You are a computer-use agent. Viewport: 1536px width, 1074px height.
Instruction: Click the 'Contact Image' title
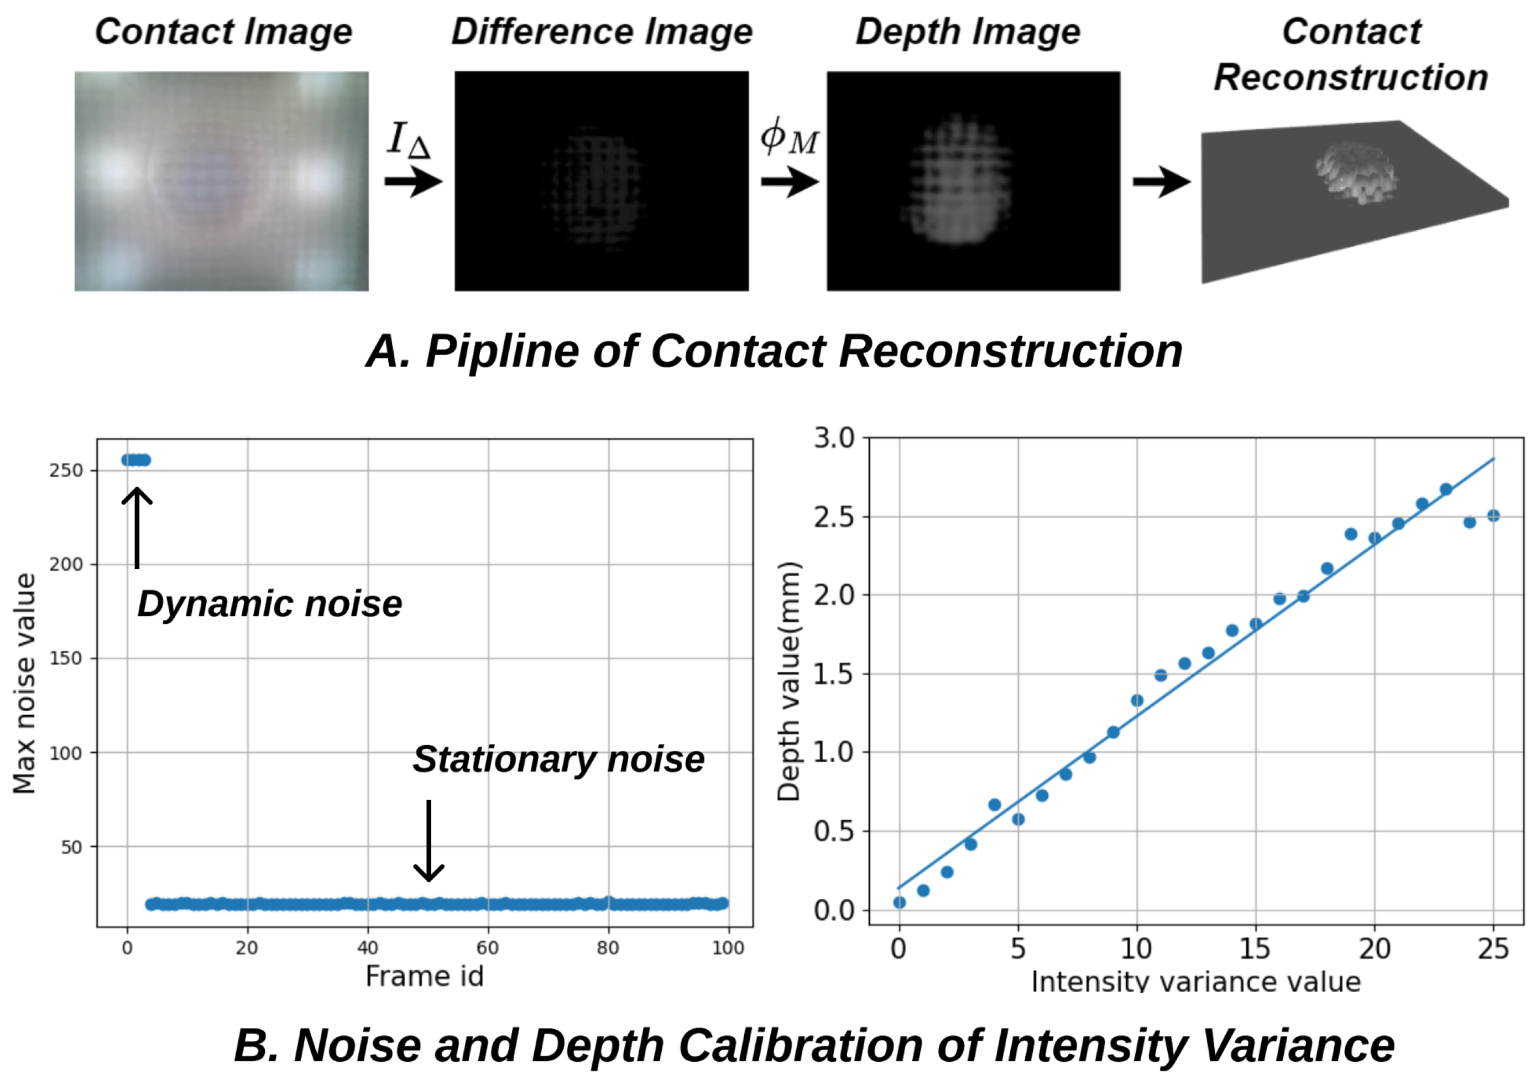[x=223, y=32]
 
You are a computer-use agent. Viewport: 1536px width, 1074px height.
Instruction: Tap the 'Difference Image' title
[x=602, y=32]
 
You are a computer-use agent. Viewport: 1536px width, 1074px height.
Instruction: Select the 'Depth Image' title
[x=968, y=32]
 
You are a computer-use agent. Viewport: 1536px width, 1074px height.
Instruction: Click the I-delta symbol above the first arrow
[x=408, y=139]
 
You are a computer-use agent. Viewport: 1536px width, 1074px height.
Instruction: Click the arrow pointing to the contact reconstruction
[x=1161, y=181]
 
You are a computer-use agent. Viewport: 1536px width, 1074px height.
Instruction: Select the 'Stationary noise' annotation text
[x=558, y=759]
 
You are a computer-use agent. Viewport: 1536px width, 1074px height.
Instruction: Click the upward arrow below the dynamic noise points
[x=137, y=526]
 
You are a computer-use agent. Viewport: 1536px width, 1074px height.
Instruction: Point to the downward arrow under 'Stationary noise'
[x=428, y=841]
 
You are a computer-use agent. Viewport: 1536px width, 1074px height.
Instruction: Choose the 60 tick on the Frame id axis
[x=488, y=947]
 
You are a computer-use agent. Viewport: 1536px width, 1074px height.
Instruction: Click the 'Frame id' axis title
[x=424, y=976]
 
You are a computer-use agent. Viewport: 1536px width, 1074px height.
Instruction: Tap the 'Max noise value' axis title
[x=25, y=683]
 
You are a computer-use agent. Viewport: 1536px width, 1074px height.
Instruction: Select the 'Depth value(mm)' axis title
[x=789, y=681]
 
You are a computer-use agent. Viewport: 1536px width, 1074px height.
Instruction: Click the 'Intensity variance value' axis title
[x=1195, y=982]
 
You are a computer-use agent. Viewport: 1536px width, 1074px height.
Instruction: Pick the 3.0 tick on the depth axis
[x=834, y=439]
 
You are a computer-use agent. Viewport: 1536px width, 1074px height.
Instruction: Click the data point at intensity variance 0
[x=899, y=903]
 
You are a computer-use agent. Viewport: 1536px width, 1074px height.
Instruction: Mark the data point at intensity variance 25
[x=1493, y=515]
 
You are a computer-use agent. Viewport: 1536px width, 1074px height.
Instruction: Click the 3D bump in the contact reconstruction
[x=1355, y=171]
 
